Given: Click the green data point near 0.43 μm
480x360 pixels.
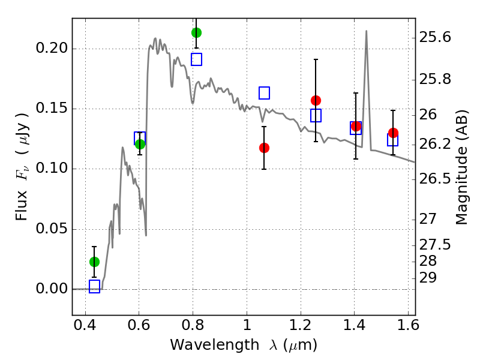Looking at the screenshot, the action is (x=94, y=262).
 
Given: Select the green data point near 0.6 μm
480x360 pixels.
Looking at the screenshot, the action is (x=140, y=144).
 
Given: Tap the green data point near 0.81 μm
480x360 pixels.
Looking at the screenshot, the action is (x=196, y=32).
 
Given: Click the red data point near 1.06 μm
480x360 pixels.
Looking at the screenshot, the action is (x=264, y=148).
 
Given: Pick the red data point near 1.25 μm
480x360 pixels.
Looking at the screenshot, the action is (x=316, y=100).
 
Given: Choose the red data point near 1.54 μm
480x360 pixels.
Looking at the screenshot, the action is (x=393, y=133).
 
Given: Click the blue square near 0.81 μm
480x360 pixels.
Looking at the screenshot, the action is (x=196, y=59).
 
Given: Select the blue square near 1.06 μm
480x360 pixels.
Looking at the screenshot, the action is (x=264, y=93).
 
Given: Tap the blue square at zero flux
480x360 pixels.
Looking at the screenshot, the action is (x=94, y=286).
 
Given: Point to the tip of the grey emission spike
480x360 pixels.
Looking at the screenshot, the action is (x=366, y=31).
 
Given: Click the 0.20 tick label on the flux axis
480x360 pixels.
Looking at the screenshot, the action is (x=52, y=48).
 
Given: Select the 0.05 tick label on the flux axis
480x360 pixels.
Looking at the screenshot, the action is (x=52, y=229).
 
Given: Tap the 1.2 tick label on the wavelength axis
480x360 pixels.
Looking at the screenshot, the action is (x=301, y=325).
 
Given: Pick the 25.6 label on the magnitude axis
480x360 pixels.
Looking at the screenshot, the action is (x=435, y=37).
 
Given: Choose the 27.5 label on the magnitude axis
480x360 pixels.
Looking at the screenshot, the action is (x=435, y=245).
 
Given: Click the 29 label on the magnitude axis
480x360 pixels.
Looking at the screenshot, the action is (x=428, y=278).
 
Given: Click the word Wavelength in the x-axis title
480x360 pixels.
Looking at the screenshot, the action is (x=215, y=345).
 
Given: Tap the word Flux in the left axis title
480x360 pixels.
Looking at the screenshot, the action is (x=21, y=205).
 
